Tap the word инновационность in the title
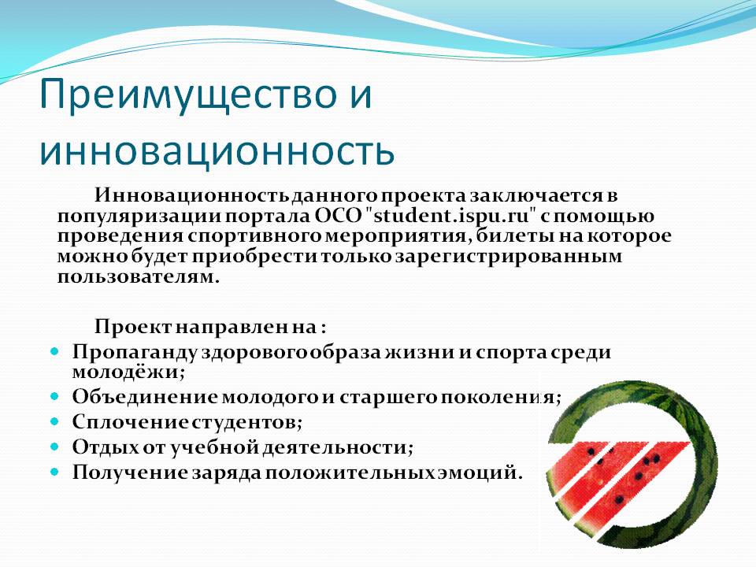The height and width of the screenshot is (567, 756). pyautogui.click(x=217, y=151)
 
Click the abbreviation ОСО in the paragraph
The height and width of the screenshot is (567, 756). pyautogui.click(x=338, y=216)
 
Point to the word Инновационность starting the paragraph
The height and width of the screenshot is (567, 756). pyautogui.click(x=191, y=195)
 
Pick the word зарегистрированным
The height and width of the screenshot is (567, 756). pyautogui.click(x=509, y=258)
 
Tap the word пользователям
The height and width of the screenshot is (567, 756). pyautogui.click(x=139, y=277)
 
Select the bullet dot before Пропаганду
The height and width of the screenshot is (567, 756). pyautogui.click(x=54, y=351)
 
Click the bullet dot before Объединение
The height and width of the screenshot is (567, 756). pyautogui.click(x=54, y=396)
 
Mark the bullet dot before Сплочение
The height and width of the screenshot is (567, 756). pyautogui.click(x=54, y=421)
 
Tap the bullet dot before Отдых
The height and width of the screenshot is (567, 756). pyautogui.click(x=54, y=447)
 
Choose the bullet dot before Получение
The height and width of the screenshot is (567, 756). pyautogui.click(x=54, y=472)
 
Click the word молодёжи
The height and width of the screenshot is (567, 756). pyautogui.click(x=128, y=372)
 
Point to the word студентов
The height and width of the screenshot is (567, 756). pyautogui.click(x=247, y=422)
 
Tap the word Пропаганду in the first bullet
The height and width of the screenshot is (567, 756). pyautogui.click(x=135, y=353)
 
